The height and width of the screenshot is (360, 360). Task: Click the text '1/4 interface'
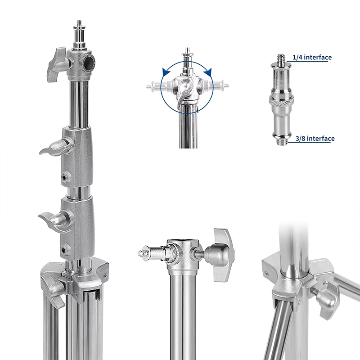pyautogui.click(x=312, y=57)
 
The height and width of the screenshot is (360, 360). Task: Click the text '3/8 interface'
pyautogui.click(x=315, y=139)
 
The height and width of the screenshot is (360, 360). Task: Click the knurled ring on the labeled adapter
pyautogui.click(x=281, y=100)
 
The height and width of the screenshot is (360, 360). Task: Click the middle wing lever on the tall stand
pyautogui.click(x=56, y=148)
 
